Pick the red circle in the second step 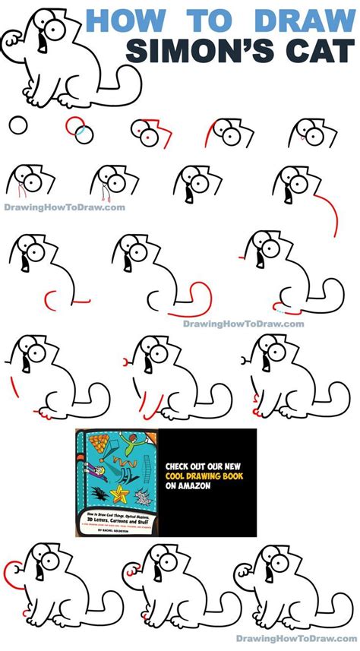(x=74, y=125)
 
